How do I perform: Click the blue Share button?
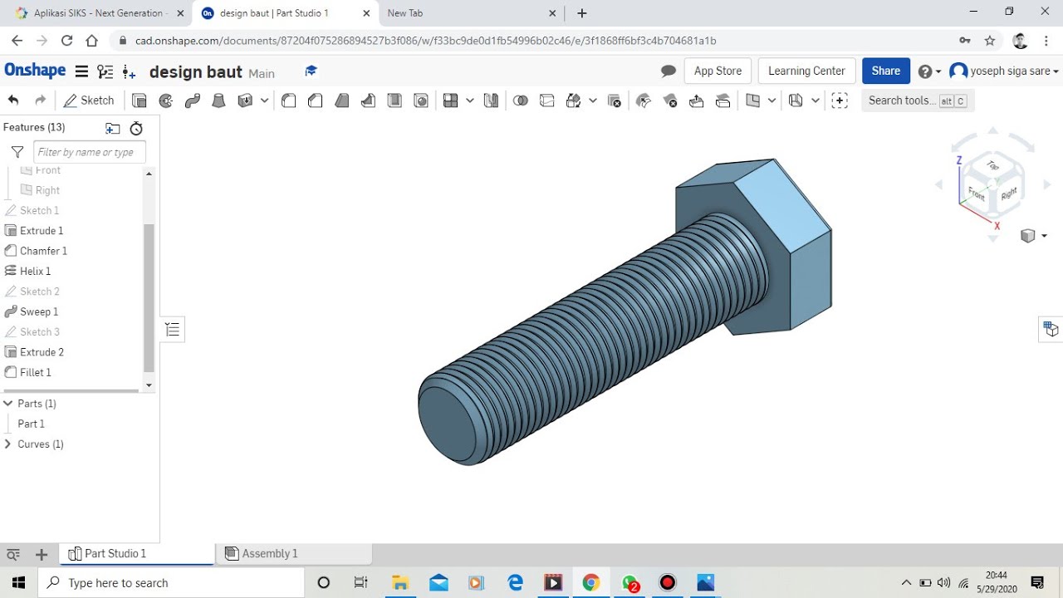(x=885, y=71)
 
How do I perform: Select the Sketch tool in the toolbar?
(x=89, y=100)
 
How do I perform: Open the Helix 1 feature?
(x=35, y=271)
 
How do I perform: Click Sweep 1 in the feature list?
(x=38, y=311)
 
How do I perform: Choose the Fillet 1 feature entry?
(x=35, y=372)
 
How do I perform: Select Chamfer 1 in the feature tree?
(x=43, y=251)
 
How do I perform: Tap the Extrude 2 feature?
(x=42, y=352)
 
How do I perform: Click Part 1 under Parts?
(x=32, y=424)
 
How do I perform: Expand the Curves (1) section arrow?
(x=8, y=444)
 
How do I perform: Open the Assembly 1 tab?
(x=269, y=554)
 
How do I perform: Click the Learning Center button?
(x=806, y=71)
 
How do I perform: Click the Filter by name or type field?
(x=90, y=152)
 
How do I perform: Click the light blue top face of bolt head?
(x=781, y=208)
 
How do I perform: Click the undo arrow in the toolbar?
(x=13, y=100)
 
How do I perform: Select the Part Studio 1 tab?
(x=115, y=554)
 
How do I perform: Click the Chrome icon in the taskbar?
(x=590, y=582)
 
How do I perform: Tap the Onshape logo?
(x=35, y=71)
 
